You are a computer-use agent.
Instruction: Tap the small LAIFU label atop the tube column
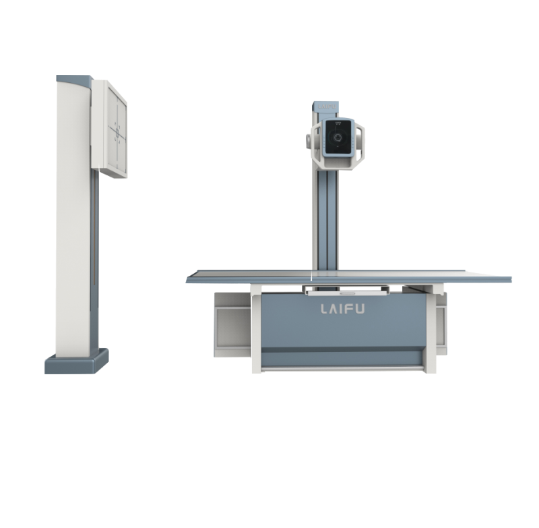[327, 106]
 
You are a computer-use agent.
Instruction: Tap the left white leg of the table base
[256, 330]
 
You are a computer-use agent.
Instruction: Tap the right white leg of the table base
[427, 330]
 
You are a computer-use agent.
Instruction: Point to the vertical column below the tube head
[327, 216]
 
